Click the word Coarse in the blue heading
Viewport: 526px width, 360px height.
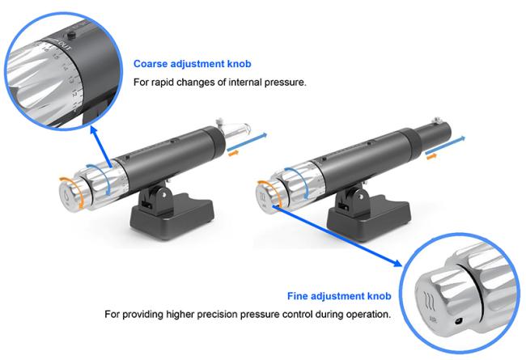151,64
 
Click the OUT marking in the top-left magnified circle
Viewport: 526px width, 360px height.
63,44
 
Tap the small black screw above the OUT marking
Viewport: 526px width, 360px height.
70,34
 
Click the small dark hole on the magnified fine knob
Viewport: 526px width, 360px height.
457,323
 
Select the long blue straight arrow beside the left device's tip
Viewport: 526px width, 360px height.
247,142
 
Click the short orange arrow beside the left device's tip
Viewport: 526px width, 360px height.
234,153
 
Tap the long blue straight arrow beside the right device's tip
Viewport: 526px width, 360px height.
445,145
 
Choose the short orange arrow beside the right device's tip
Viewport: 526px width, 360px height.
431,156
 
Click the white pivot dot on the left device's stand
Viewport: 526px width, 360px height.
163,194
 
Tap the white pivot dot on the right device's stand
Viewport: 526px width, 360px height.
361,195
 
